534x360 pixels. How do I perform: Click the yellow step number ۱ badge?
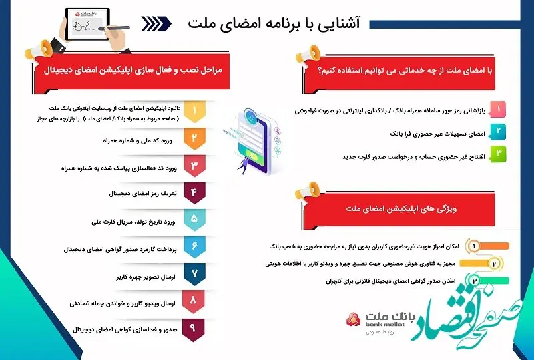point(194,110)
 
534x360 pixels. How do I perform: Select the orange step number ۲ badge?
point(194,138)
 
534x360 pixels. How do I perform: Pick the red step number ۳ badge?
point(194,166)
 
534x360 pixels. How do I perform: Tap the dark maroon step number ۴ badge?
point(194,194)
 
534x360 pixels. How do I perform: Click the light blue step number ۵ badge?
point(194,219)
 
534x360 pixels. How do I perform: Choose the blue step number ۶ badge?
point(194,247)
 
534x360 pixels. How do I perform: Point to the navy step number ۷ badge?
point(194,274)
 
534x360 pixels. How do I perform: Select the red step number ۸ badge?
point(194,302)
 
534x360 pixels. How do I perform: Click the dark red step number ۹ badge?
point(194,329)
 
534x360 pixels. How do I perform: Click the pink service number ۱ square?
point(497,108)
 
